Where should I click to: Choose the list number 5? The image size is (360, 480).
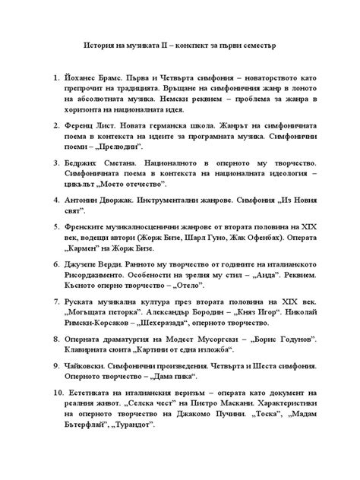55,226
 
